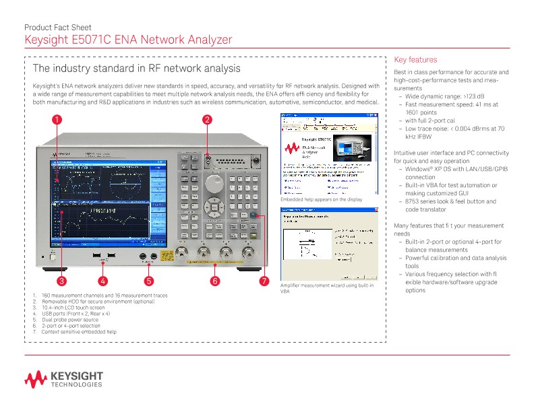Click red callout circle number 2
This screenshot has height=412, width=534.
pyautogui.click(x=208, y=121)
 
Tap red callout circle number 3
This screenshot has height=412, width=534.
pyautogui.click(x=61, y=280)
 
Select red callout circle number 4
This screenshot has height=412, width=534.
pyautogui.click(x=102, y=280)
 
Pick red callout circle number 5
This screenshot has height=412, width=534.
pyautogui.click(x=149, y=280)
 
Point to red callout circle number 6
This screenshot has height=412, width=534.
pyautogui.click(x=214, y=280)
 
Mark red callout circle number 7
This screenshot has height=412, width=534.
pyautogui.click(x=264, y=280)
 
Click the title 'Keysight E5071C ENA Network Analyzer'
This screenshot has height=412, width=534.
pyautogui.click(x=128, y=40)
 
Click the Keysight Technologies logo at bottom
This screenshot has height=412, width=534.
pyautogui.click(x=64, y=379)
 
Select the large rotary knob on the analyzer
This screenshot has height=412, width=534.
pyautogui.click(x=214, y=182)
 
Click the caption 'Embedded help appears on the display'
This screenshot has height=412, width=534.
pyautogui.click(x=321, y=199)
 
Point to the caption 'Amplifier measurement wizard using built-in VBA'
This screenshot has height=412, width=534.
pyautogui.click(x=326, y=289)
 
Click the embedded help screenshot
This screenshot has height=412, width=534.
pyautogui.click(x=328, y=153)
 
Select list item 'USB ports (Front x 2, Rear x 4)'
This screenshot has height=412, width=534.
pyautogui.click(x=76, y=314)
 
